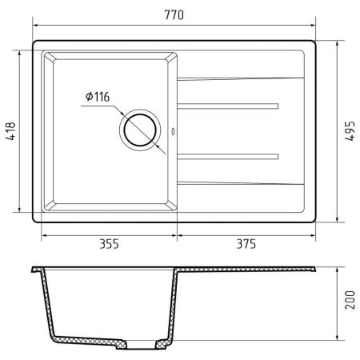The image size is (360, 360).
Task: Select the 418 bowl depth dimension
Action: (10, 132)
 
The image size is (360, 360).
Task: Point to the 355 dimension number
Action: (108, 245)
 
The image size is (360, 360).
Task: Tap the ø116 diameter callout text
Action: (96, 98)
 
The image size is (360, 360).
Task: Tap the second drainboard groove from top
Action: (227, 105)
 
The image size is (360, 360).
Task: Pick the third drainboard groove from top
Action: (227, 154)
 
